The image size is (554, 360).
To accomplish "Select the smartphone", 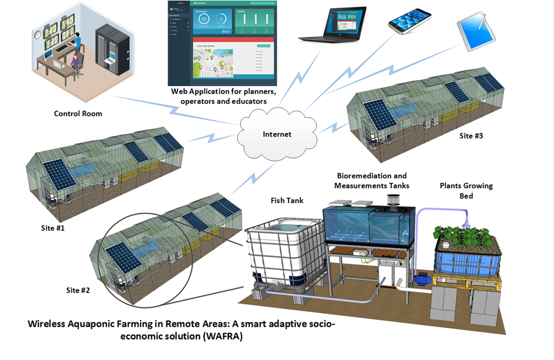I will tap(410, 21).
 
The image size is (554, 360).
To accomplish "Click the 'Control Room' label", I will tap(78, 114).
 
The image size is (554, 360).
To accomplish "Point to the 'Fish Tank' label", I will tap(284, 201).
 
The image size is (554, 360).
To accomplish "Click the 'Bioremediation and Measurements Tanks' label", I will tap(372, 181).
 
